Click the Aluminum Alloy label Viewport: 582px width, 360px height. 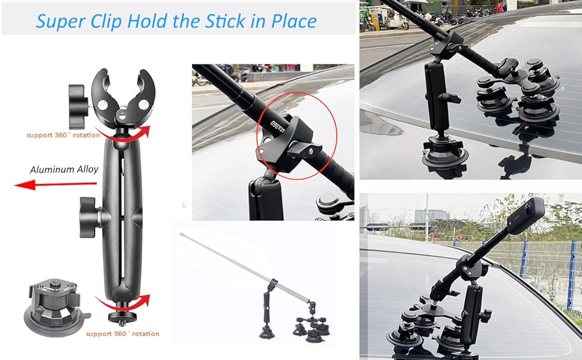click(64, 169)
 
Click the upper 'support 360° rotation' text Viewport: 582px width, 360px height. click(62, 135)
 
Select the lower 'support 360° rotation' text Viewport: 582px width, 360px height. click(122, 333)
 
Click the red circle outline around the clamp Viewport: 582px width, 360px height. click(296, 135)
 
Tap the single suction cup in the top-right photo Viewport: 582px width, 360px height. click(445, 153)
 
